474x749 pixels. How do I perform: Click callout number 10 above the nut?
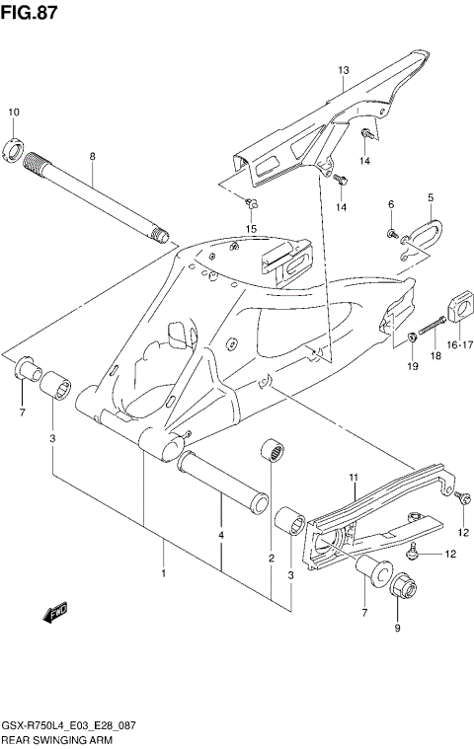13,112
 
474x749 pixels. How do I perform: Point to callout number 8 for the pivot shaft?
92,156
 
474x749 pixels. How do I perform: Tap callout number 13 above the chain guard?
344,70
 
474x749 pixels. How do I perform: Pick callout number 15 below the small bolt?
251,229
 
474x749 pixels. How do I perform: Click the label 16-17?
460,345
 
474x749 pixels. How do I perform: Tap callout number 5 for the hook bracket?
431,197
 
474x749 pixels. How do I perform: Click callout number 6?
391,204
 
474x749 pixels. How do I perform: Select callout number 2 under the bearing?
271,559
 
